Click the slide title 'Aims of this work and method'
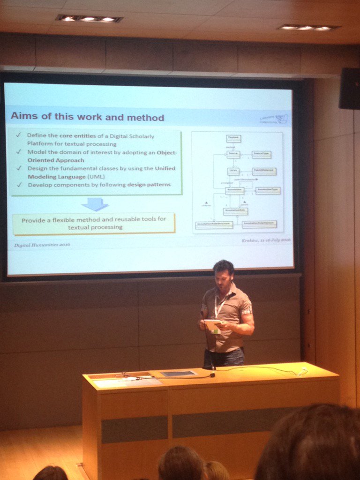point(87,116)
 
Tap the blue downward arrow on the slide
point(95,204)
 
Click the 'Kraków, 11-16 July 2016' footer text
point(266,240)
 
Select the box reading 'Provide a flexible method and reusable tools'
point(94,223)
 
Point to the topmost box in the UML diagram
point(233,138)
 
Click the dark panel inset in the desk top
point(178,374)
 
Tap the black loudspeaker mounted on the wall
point(349,88)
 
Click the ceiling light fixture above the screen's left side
point(89,19)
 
